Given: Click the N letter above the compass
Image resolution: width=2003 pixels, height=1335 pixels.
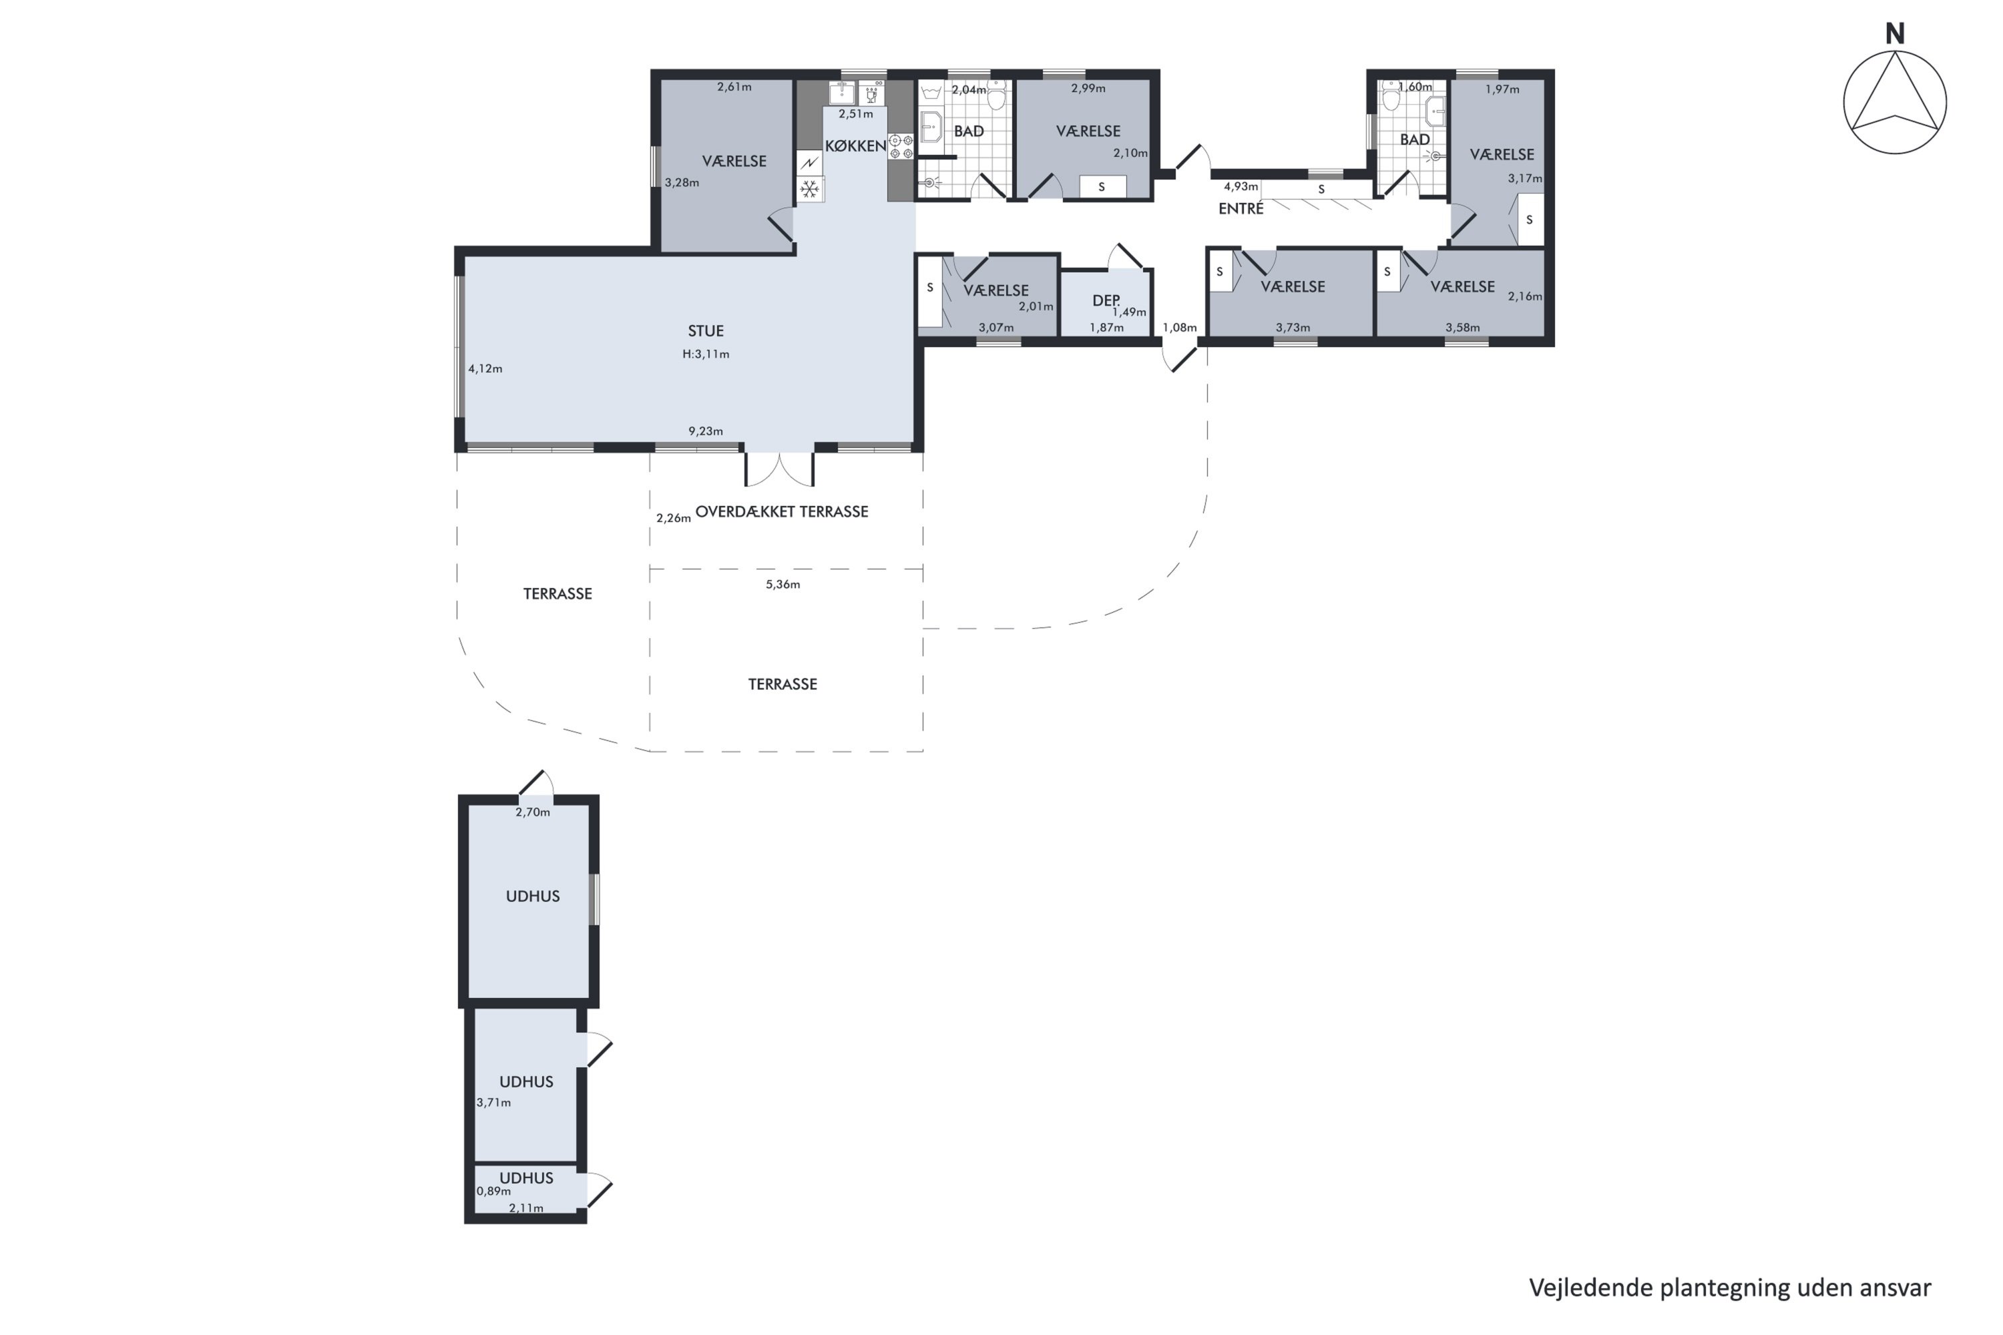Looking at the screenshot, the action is (1894, 34).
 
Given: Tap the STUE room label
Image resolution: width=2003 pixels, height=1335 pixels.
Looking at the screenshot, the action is (705, 330).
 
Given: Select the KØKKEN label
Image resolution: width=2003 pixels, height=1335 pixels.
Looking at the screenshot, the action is (855, 146).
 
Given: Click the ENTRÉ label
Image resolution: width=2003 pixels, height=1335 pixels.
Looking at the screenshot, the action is (1240, 208).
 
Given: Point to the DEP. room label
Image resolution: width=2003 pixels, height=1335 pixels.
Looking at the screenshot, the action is (1106, 300).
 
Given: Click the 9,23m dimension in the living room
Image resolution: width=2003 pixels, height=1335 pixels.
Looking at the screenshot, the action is (705, 431).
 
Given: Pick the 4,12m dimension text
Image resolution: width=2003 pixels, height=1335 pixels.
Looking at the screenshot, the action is (485, 368).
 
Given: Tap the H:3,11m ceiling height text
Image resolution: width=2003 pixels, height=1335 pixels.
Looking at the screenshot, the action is (705, 354).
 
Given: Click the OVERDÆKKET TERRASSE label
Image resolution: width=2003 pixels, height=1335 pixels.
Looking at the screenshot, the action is (781, 512).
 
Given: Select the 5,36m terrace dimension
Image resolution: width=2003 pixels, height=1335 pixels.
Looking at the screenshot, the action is (782, 584).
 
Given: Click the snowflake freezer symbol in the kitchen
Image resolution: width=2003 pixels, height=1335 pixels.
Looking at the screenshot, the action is (809, 188).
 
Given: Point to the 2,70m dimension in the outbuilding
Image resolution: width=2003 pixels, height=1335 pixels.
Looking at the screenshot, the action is (532, 812).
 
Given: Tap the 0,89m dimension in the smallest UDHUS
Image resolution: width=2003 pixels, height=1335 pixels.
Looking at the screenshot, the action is (493, 1191).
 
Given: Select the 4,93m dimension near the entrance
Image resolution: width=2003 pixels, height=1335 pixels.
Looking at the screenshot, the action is (1240, 186).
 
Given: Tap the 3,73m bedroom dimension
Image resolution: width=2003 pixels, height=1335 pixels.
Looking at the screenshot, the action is (1292, 327).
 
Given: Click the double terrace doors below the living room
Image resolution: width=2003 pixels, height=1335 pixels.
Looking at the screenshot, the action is (779, 469).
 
